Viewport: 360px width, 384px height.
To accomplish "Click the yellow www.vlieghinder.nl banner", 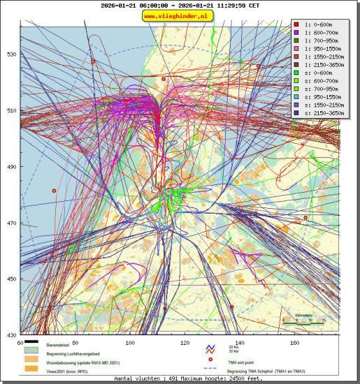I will click(x=179, y=15).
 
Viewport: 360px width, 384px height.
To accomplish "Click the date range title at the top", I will click(x=179, y=5).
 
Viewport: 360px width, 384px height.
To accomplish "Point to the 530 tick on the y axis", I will click(x=11, y=54).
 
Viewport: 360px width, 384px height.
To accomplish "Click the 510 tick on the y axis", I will click(x=11, y=110).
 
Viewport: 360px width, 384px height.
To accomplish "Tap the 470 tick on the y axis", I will click(x=11, y=223).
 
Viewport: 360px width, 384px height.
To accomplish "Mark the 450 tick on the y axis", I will click(x=11, y=279).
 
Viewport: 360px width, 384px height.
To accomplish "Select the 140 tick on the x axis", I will click(x=240, y=343).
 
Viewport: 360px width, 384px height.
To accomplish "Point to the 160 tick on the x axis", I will click(x=295, y=343).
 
